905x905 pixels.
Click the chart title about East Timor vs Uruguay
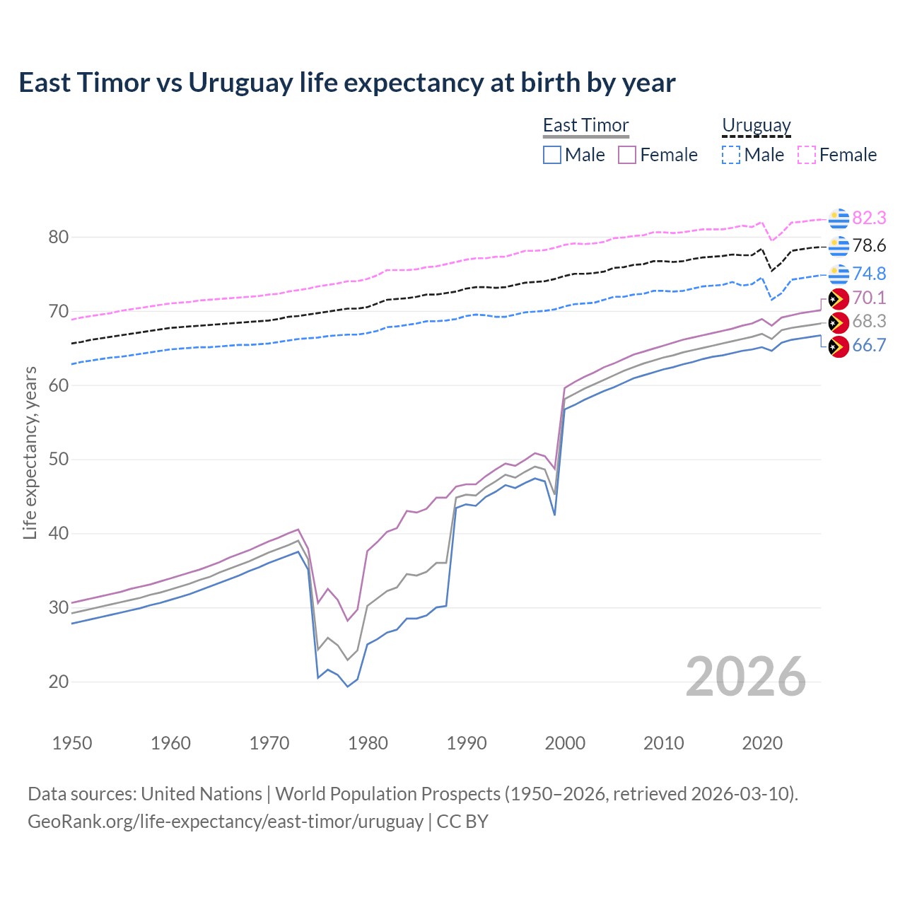tap(346, 83)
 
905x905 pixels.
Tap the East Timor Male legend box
tap(552, 155)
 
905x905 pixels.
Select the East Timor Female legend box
tap(627, 155)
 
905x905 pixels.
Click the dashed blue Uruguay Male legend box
tap(731, 155)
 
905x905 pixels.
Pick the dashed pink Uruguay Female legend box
tap(807, 155)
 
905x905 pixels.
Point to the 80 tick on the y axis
tap(59, 237)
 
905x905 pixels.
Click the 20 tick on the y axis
tap(59, 682)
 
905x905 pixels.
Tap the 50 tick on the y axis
tap(59, 460)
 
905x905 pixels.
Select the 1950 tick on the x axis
tap(72, 743)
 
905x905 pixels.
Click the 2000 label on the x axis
tap(565, 743)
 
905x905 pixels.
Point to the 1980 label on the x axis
tap(368, 743)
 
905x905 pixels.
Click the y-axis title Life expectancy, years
tap(30, 452)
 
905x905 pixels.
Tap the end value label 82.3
tap(869, 218)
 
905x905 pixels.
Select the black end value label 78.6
tap(869, 245)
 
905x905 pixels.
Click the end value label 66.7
tap(869, 345)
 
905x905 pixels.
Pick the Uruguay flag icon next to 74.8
tap(839, 274)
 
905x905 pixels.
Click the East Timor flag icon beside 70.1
tap(839, 298)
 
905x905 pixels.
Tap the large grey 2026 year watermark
tap(745, 677)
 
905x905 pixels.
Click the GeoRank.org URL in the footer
tap(225, 822)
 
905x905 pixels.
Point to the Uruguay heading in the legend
tap(756, 125)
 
